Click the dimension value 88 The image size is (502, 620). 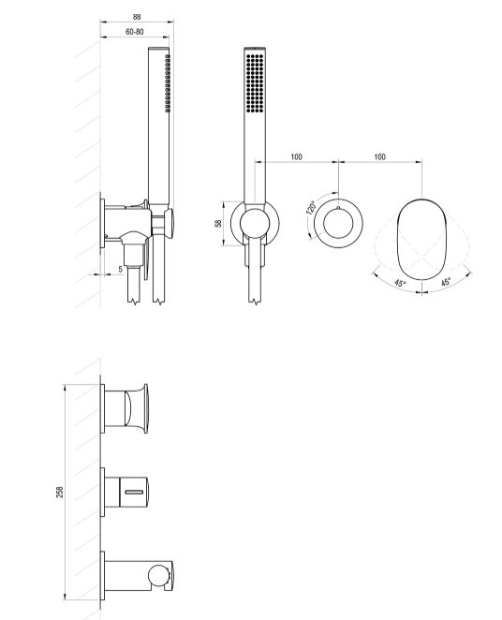(137, 17)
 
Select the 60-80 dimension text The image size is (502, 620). (134, 32)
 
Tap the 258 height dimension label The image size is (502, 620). (60, 492)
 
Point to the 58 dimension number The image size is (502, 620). (218, 224)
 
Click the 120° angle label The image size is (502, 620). (312, 207)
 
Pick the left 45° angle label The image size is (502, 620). (400, 283)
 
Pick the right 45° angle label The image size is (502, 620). (446, 282)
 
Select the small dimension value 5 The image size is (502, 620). (121, 270)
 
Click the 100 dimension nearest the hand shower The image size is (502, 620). (297, 157)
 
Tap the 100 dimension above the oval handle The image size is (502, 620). (379, 157)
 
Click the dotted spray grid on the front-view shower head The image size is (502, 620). (255, 83)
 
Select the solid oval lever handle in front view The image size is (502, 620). (421, 239)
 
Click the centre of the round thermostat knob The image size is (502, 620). (338, 224)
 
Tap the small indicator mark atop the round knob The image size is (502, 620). (338, 208)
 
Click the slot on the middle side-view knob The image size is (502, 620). (134, 493)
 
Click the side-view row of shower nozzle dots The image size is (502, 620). (168, 83)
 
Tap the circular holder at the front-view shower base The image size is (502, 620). (255, 224)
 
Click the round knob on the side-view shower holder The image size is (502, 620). (169, 224)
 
